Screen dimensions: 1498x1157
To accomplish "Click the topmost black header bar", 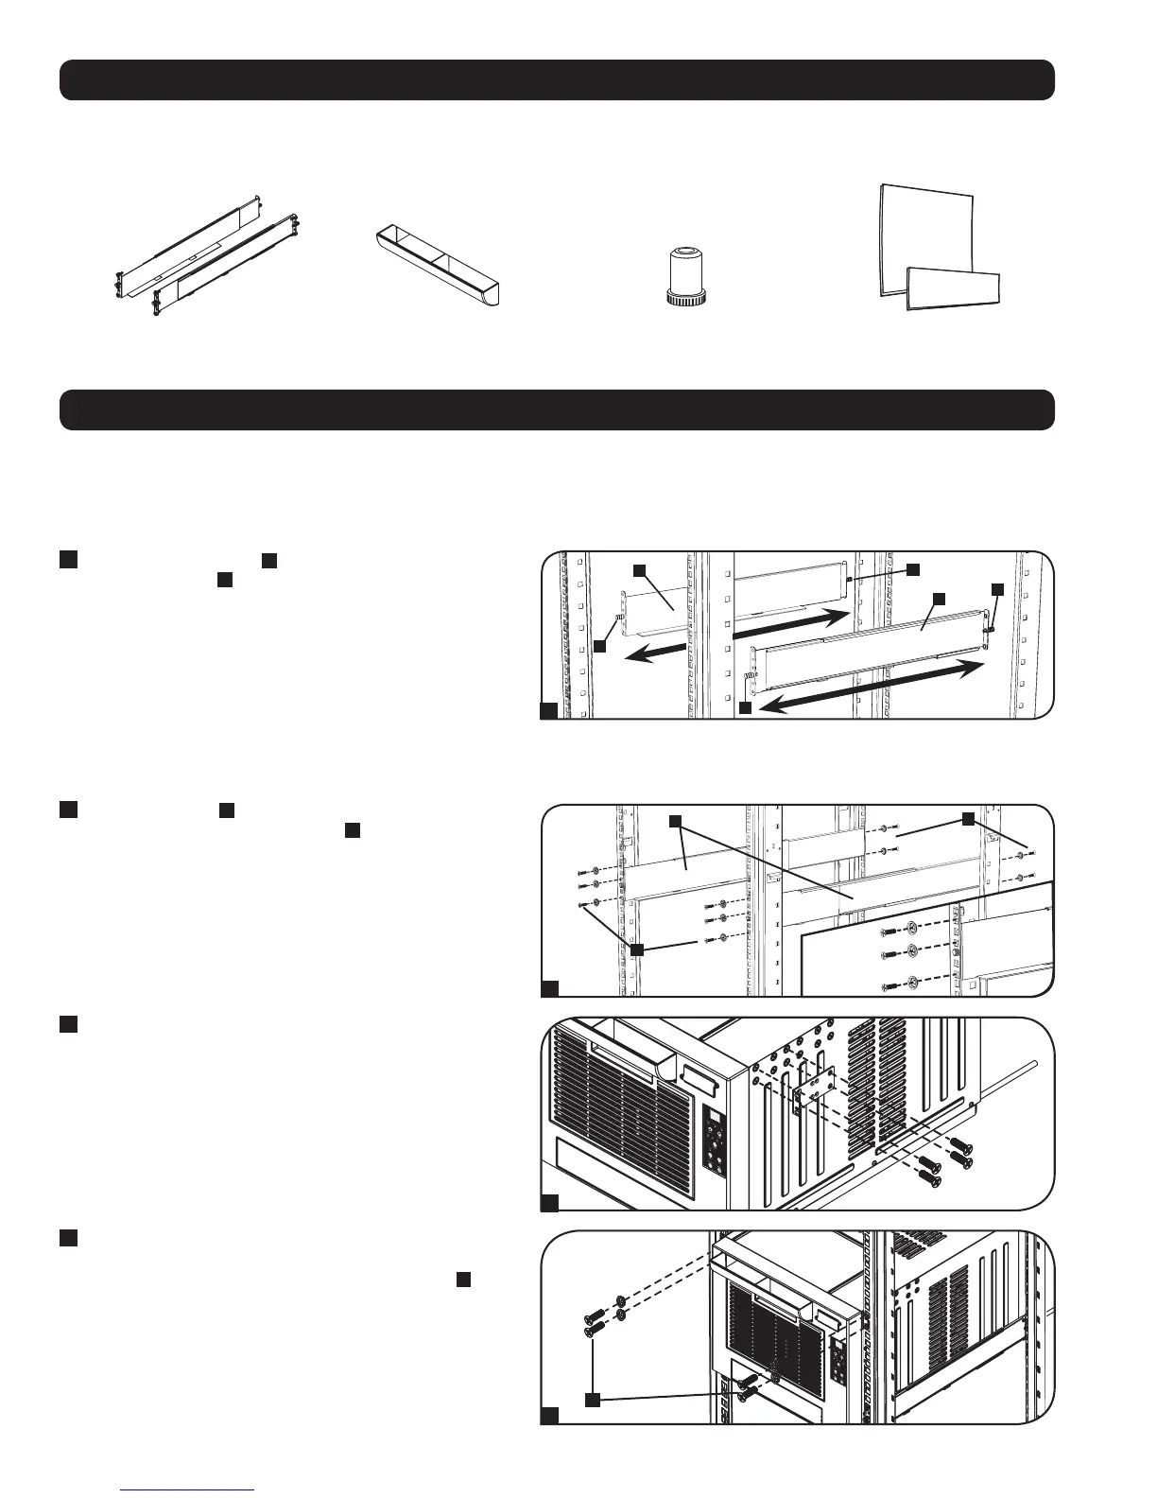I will coord(557,79).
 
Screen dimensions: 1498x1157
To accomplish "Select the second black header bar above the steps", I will coord(557,409).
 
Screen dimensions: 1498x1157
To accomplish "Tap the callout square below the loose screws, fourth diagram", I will coord(593,1399).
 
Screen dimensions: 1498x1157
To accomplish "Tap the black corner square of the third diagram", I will coord(549,1203).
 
